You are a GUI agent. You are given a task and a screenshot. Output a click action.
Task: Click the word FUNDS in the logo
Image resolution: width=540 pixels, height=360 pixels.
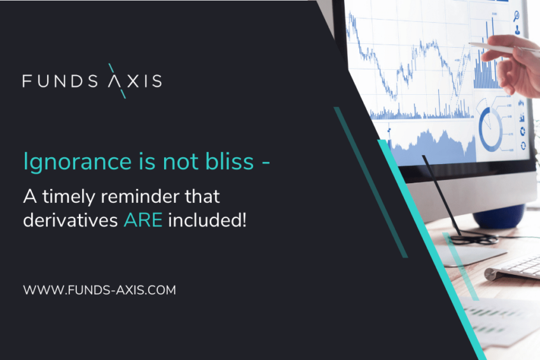click(x=60, y=81)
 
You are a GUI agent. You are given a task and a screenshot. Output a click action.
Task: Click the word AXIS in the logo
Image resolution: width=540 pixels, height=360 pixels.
click(x=135, y=81)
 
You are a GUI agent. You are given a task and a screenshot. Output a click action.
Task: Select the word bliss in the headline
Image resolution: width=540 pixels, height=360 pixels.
click(x=230, y=161)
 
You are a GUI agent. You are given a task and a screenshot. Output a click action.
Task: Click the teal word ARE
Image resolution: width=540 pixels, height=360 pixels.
click(x=143, y=220)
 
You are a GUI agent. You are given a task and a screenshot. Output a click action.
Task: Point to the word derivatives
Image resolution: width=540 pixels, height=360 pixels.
click(x=71, y=220)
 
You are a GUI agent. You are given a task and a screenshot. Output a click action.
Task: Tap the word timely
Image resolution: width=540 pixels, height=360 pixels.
click(x=69, y=197)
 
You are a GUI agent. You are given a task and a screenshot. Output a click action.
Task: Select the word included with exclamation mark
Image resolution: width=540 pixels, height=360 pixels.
click(x=207, y=220)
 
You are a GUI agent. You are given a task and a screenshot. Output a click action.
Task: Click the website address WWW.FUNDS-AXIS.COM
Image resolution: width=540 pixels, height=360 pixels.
click(x=99, y=290)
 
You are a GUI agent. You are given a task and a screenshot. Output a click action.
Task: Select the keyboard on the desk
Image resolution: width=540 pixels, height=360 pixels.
click(x=513, y=267)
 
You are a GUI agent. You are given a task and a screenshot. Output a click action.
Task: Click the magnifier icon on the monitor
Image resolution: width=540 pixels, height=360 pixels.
click(x=516, y=16)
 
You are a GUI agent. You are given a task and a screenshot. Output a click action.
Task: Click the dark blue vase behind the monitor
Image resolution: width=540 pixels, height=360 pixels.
click(x=499, y=216)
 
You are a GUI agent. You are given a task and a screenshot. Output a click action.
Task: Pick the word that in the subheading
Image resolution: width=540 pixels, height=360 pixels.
click(x=202, y=197)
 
